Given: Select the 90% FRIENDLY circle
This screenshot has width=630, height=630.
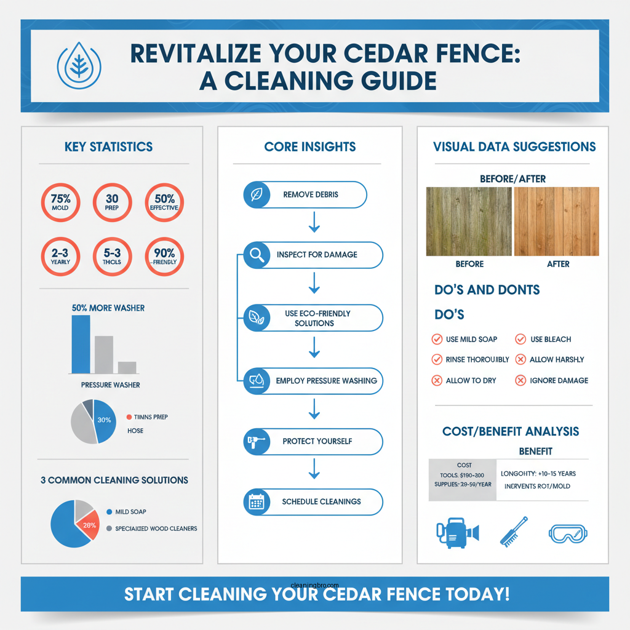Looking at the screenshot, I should point(164,256).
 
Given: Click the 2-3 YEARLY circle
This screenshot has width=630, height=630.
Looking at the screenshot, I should point(60,256).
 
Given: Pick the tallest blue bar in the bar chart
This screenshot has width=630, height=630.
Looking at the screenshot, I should point(81,344).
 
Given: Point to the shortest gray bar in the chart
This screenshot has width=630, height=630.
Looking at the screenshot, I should point(127,367).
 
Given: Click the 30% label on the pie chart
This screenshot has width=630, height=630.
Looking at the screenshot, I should point(104,420).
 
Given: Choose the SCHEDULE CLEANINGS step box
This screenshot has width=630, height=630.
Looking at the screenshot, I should point(313,502).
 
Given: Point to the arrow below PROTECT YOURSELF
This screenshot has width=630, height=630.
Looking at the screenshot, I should point(314,469).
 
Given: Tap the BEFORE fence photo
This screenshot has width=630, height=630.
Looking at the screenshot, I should point(468,221).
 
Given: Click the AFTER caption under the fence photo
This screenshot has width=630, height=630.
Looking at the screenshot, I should point(558,264).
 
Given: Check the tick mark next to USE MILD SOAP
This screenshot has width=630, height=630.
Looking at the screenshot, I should point(437,339).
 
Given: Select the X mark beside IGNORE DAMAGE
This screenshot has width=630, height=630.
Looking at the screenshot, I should point(520,380).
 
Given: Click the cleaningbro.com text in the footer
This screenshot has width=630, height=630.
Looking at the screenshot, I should point(314,586).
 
